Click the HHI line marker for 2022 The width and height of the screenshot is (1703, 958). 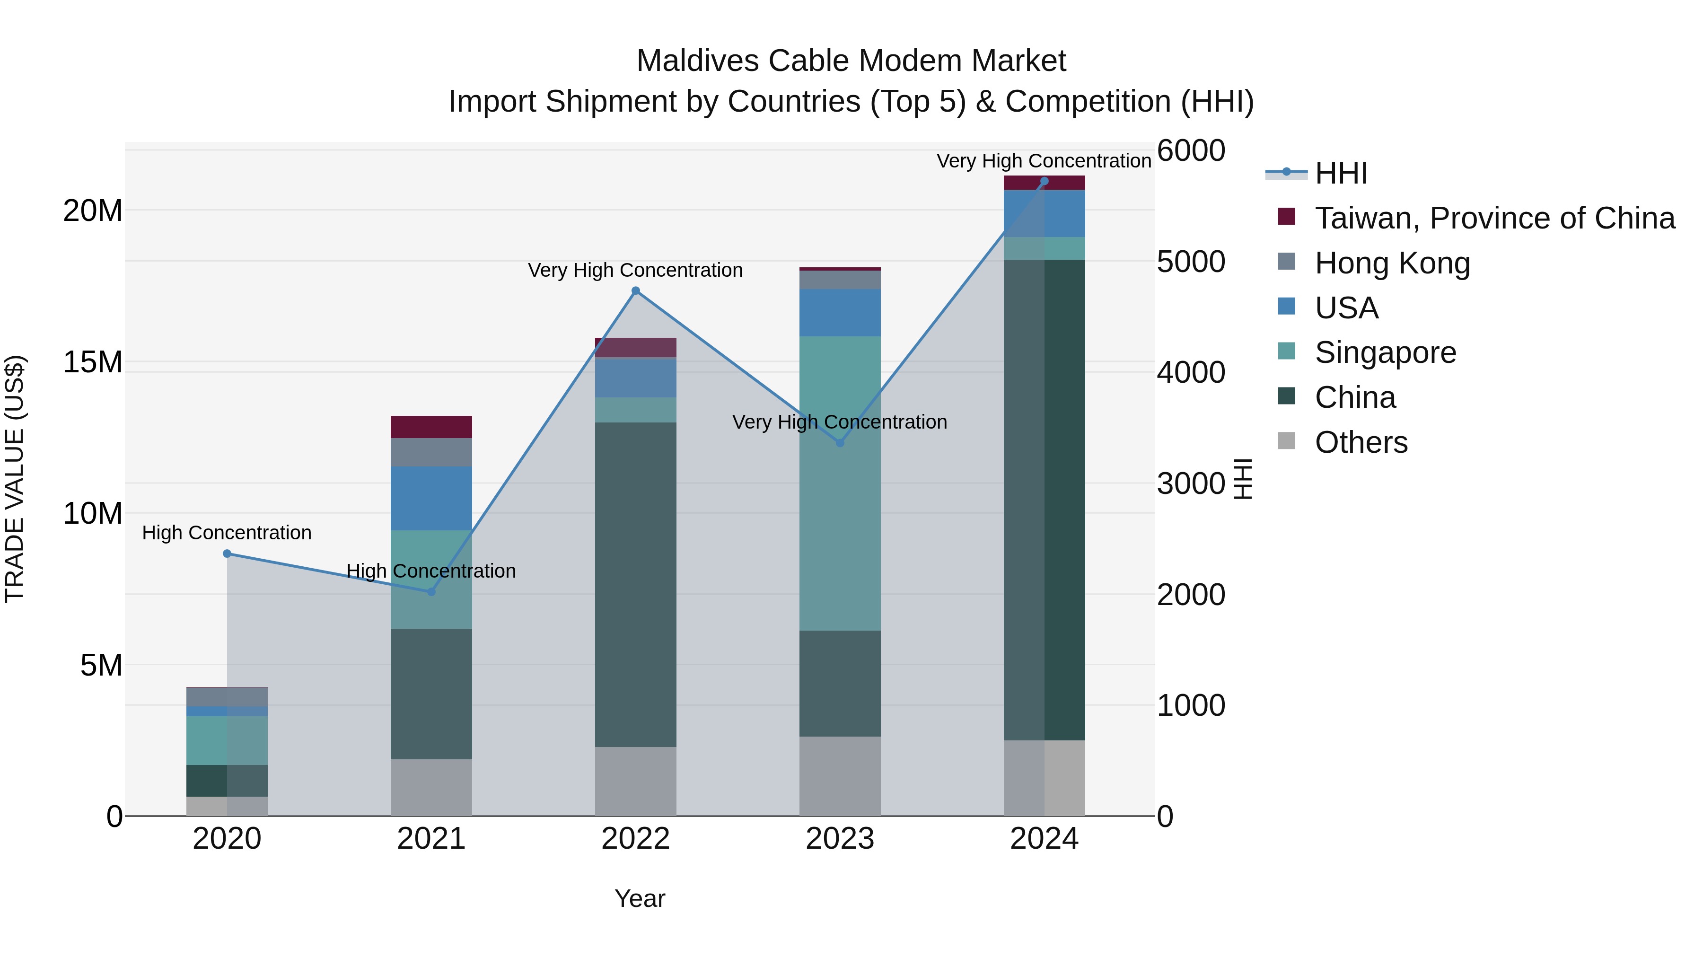coord(635,290)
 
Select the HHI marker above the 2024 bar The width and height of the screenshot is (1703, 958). coord(1044,181)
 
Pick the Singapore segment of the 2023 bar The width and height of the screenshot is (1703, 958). coord(840,483)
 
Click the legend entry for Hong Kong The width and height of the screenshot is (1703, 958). coord(1392,263)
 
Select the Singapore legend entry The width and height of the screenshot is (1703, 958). coord(1385,352)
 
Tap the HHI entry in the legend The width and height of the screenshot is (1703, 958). coord(1341,173)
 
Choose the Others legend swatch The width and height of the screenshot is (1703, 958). coord(1286,440)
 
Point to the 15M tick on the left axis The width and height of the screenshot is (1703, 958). coord(93,362)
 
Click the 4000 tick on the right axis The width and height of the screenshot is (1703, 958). coord(1191,372)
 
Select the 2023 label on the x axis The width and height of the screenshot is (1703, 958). coord(840,839)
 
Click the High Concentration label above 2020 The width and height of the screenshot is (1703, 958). coord(227,532)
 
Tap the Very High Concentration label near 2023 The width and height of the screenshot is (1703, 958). coord(840,422)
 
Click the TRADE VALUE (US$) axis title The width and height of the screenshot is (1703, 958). coord(15,479)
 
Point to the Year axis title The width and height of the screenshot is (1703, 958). coord(639,898)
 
